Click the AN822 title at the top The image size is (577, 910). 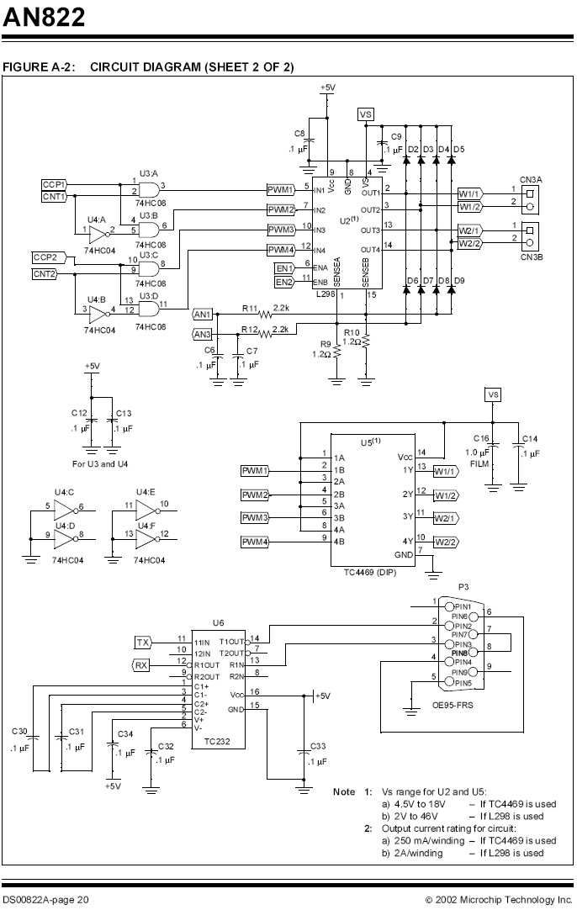[44, 17]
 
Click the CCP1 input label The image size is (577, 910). [54, 184]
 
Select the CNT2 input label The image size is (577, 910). [45, 274]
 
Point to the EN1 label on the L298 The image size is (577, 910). [284, 268]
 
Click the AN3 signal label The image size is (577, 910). [202, 334]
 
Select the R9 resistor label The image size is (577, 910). [325, 344]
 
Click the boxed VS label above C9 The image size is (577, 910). [366, 114]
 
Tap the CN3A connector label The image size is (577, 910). [531, 180]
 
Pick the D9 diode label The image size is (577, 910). [459, 281]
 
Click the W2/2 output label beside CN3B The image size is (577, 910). [469, 244]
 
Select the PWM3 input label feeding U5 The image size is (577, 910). [255, 518]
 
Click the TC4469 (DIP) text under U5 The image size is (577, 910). [371, 572]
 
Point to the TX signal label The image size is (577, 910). [142, 643]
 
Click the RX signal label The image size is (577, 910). [141, 665]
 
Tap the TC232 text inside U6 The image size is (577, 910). [217, 741]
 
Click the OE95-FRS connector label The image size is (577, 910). [453, 705]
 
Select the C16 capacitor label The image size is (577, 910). [481, 439]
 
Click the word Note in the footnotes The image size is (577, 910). [344, 791]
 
